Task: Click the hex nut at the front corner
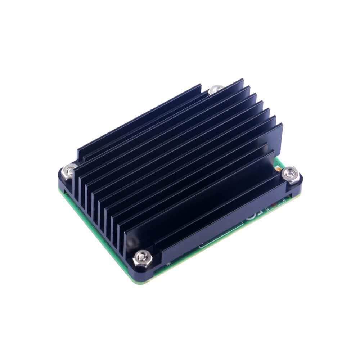coord(141,258)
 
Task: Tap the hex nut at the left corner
coord(68,171)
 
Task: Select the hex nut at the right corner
coord(291,174)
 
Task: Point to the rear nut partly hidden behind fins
coord(216,89)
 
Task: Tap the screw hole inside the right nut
coord(291,174)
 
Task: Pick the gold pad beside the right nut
coord(278,168)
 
